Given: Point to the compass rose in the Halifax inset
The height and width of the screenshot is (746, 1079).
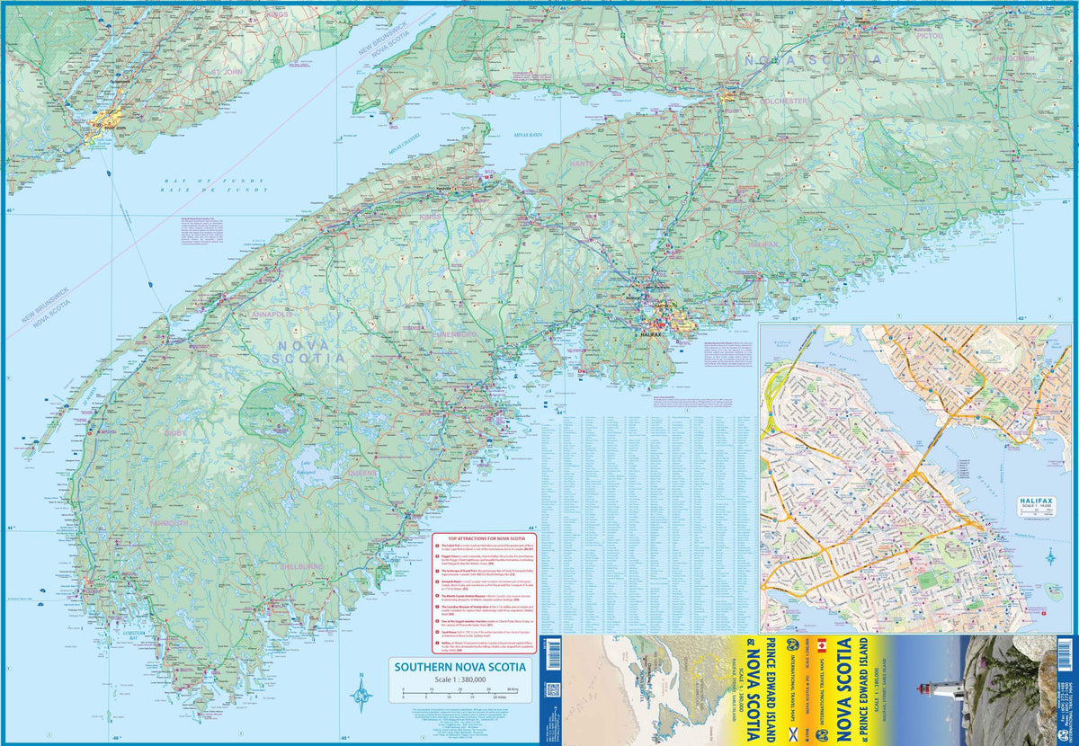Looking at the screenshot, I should (x=1050, y=557).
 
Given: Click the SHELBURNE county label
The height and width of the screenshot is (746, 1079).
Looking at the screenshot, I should (x=299, y=566).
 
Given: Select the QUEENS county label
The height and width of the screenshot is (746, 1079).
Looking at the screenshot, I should (x=363, y=471).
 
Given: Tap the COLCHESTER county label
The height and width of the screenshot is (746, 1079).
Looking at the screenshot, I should (x=783, y=102).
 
